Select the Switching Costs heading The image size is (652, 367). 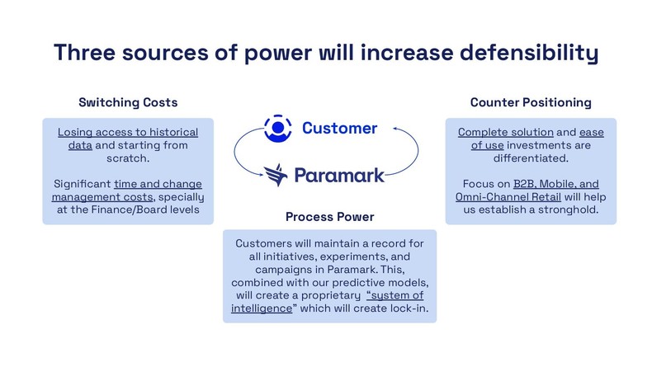pos(128,102)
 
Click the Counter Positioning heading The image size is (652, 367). pos(530,102)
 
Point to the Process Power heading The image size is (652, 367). pos(329,217)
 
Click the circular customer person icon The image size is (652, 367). pos(278,128)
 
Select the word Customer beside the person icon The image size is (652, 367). pos(339,128)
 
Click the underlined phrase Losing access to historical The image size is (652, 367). pos(128,132)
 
